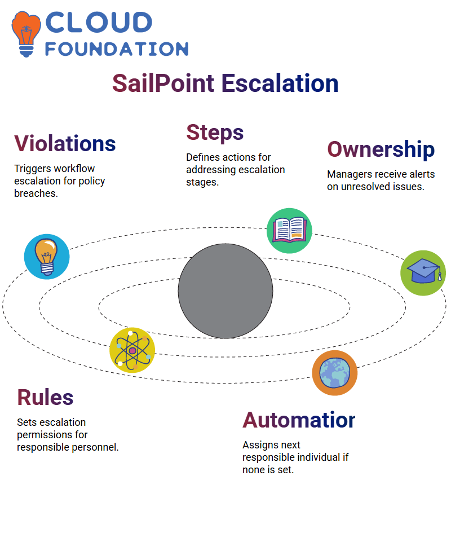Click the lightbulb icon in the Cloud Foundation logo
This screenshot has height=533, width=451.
(26, 34)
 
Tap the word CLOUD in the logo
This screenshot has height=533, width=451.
(99, 23)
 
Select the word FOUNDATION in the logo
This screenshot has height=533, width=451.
(117, 49)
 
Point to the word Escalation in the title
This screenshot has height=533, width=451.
(280, 83)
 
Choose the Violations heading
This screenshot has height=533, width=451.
(65, 143)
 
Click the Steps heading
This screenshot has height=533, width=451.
(215, 133)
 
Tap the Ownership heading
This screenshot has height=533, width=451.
(381, 149)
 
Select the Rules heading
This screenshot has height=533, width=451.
(45, 398)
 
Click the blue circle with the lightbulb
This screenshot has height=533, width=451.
(47, 257)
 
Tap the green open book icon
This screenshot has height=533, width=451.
(289, 231)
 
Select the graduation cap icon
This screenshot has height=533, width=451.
(423, 273)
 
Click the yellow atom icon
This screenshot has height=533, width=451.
(132, 350)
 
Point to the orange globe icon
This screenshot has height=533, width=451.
(335, 373)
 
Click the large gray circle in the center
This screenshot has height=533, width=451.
(225, 291)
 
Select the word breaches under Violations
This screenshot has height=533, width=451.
(36, 193)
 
